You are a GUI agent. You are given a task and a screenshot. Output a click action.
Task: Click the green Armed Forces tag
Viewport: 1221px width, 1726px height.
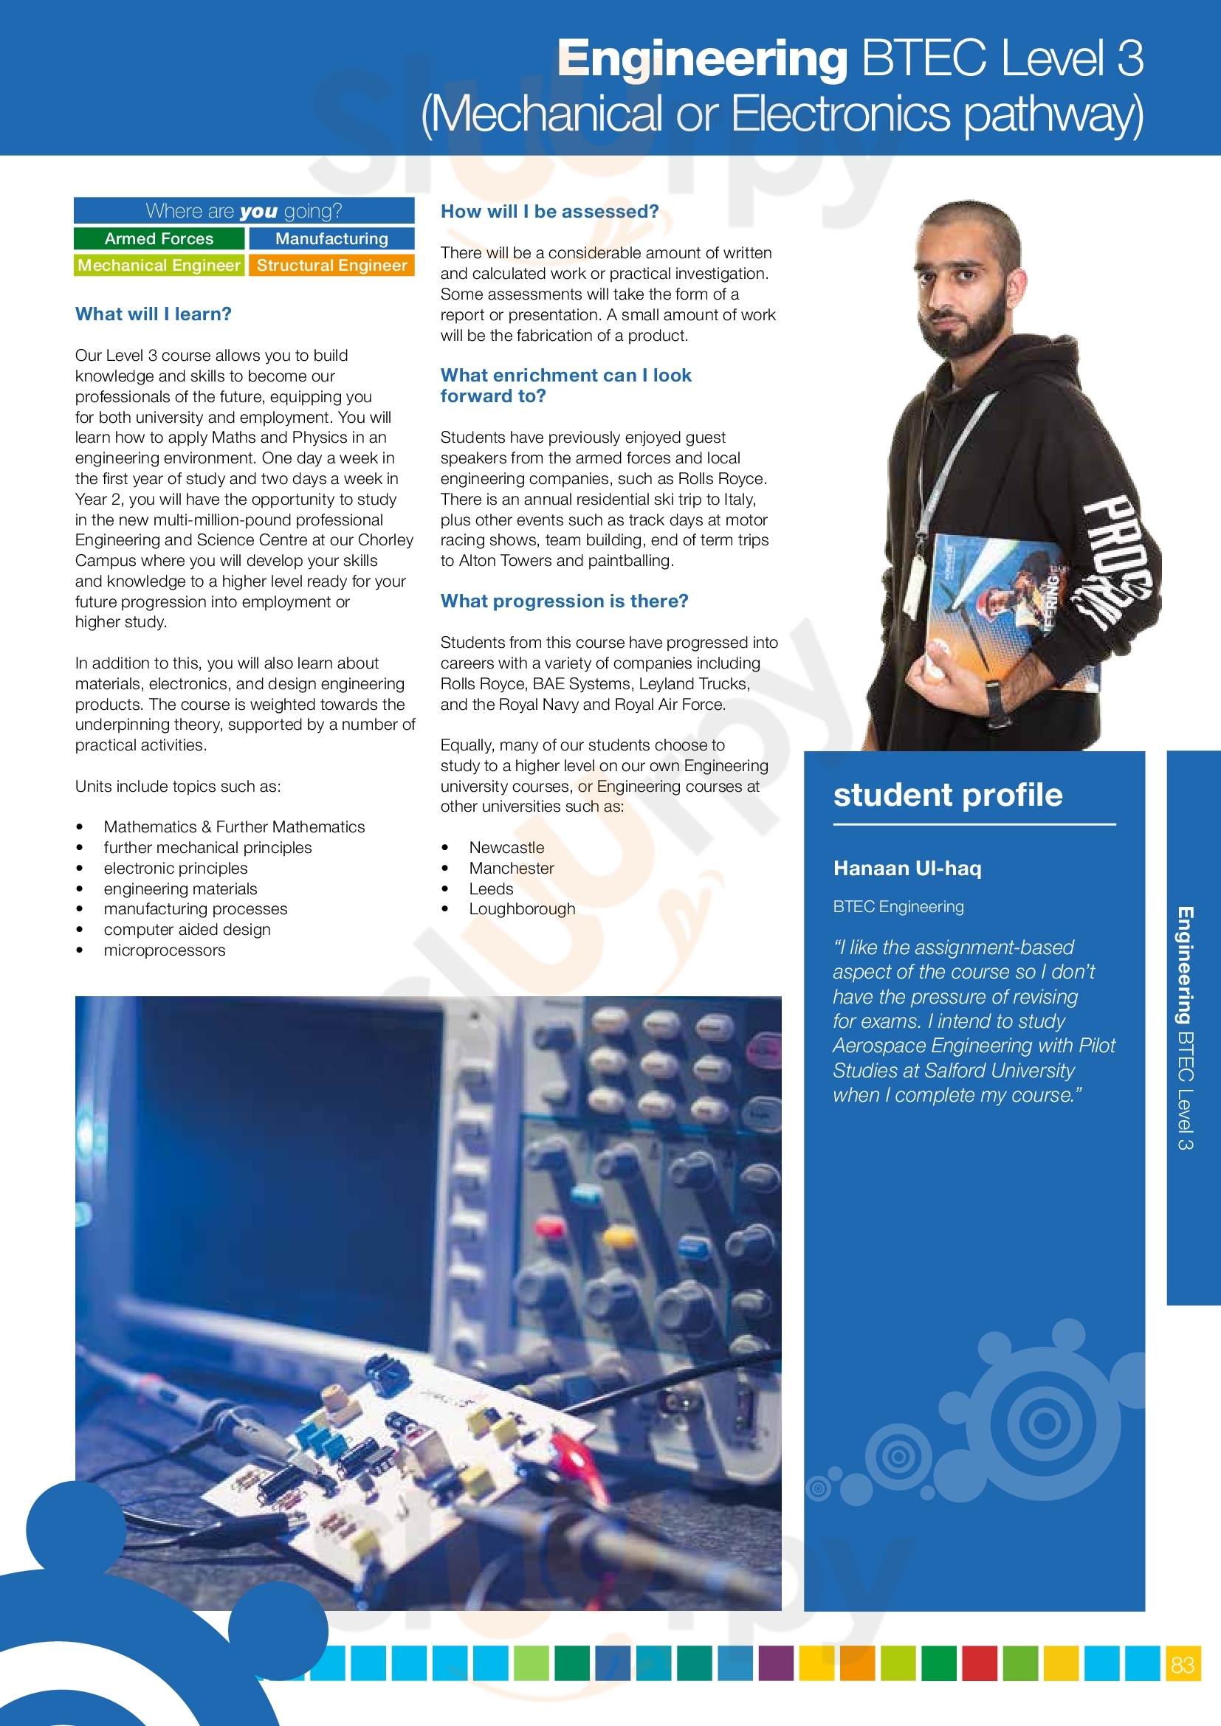click(x=159, y=238)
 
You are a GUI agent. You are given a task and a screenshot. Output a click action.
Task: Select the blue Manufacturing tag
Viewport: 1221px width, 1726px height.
click(x=331, y=238)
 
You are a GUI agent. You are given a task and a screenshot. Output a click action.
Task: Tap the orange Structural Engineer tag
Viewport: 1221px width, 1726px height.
click(x=331, y=266)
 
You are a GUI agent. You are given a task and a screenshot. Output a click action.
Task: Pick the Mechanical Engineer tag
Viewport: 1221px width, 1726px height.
click(x=159, y=266)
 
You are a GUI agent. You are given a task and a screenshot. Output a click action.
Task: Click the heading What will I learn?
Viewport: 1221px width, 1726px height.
click(x=154, y=314)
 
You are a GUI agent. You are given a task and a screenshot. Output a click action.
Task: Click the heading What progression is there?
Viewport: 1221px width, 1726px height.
click(x=564, y=601)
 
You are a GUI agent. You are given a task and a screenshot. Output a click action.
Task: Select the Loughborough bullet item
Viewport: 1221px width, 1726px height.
click(x=522, y=909)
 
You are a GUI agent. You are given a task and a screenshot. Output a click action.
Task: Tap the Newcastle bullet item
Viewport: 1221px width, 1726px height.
click(x=506, y=847)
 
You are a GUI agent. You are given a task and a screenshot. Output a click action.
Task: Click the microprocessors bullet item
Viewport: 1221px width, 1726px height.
click(x=164, y=950)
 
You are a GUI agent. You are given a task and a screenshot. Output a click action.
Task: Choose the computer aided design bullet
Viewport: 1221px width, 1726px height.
click(x=187, y=930)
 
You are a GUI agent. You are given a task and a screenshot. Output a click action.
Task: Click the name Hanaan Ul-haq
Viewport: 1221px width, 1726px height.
click(x=907, y=869)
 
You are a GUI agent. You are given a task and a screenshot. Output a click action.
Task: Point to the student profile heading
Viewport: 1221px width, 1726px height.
click(x=947, y=795)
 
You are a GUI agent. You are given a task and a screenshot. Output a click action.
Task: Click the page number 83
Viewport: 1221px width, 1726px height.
click(x=1183, y=1665)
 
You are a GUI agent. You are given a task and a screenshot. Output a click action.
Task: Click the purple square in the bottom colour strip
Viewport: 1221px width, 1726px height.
click(x=775, y=1663)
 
